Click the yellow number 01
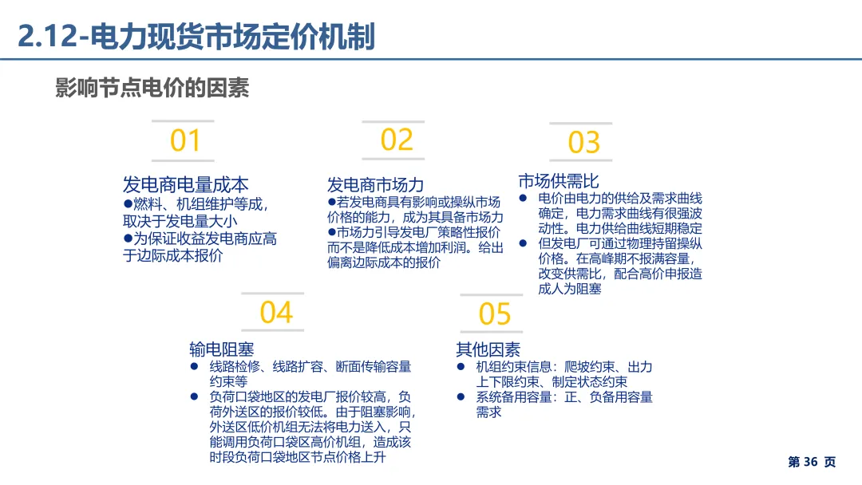coord(185,141)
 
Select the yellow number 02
coord(397,140)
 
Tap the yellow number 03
coord(583,144)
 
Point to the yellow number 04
coord(276,313)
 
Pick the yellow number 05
coord(494,314)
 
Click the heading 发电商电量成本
coord(185,184)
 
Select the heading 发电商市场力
coord(375,186)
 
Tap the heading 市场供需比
coord(558,180)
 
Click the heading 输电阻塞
coord(221,349)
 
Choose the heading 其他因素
coord(488,349)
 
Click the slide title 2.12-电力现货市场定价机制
coord(196,37)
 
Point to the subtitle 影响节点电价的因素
coord(152,87)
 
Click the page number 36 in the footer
coord(810,462)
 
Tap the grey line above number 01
coord(183,121)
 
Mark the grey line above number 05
coord(492,294)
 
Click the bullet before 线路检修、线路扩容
coord(194,367)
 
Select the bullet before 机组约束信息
coord(461,367)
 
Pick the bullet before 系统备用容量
coord(461,396)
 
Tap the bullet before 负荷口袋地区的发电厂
coord(194,396)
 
